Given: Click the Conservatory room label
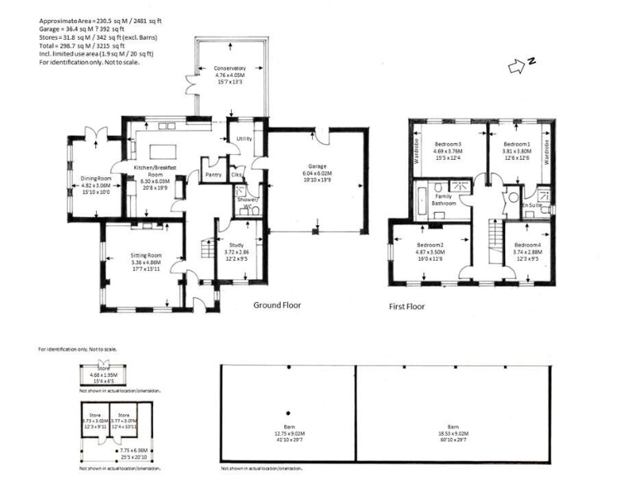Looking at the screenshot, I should [x=229, y=68].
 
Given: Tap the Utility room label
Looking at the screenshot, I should [x=243, y=139].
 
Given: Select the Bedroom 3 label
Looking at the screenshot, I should [x=447, y=145].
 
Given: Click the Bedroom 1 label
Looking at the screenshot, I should [x=516, y=145].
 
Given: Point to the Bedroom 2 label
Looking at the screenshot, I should [x=431, y=245].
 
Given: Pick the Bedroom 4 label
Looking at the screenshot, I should [x=527, y=245].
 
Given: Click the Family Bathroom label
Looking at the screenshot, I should [x=442, y=200].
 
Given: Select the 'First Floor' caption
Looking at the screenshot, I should [x=407, y=306].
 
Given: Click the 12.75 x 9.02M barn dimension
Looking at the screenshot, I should [x=288, y=433].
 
